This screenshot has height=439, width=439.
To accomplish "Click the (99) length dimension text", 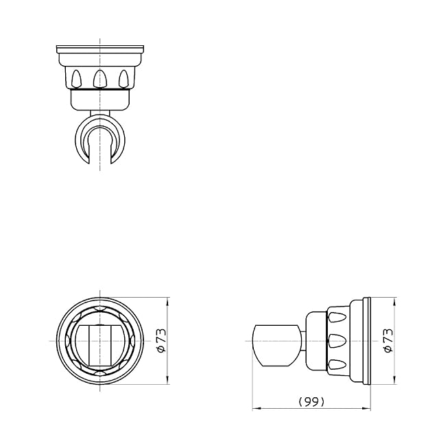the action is [311, 402].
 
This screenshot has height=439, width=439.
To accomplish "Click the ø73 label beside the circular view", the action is [162, 341].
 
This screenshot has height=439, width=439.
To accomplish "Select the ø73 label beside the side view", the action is [389, 341].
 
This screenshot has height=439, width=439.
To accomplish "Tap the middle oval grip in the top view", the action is [100, 78].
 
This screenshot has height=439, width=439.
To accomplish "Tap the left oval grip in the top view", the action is [76, 78].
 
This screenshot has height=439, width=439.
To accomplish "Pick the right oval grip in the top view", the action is [123, 78].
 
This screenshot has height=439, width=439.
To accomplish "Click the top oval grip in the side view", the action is [337, 317].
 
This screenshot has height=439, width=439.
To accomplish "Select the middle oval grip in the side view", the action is [337, 341].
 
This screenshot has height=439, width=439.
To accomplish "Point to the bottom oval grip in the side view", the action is [337, 364].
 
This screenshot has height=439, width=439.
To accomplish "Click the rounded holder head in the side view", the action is [276, 346].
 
